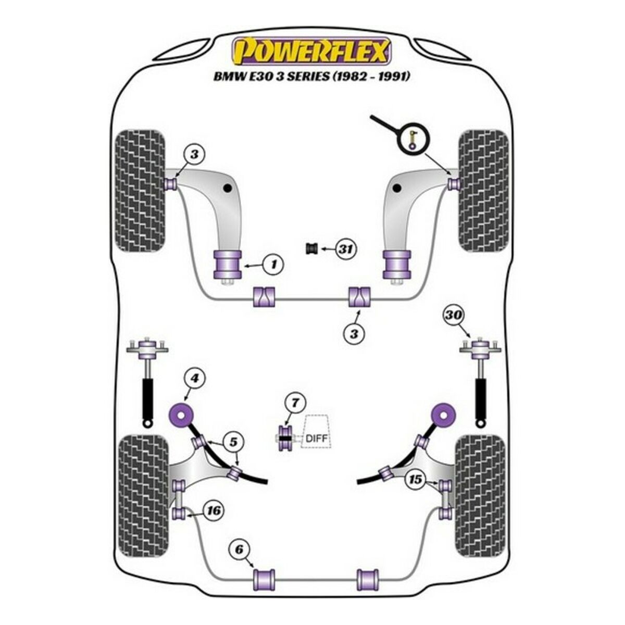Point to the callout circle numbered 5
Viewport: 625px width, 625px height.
[x=233, y=442]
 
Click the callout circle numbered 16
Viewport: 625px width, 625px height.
[x=214, y=511]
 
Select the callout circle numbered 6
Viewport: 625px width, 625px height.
[x=239, y=549]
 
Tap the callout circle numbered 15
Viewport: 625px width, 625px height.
[x=415, y=480]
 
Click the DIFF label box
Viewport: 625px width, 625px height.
[x=317, y=431]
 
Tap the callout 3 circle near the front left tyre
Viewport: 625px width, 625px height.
[x=194, y=155]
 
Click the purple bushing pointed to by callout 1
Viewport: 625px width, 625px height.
[x=227, y=265]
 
